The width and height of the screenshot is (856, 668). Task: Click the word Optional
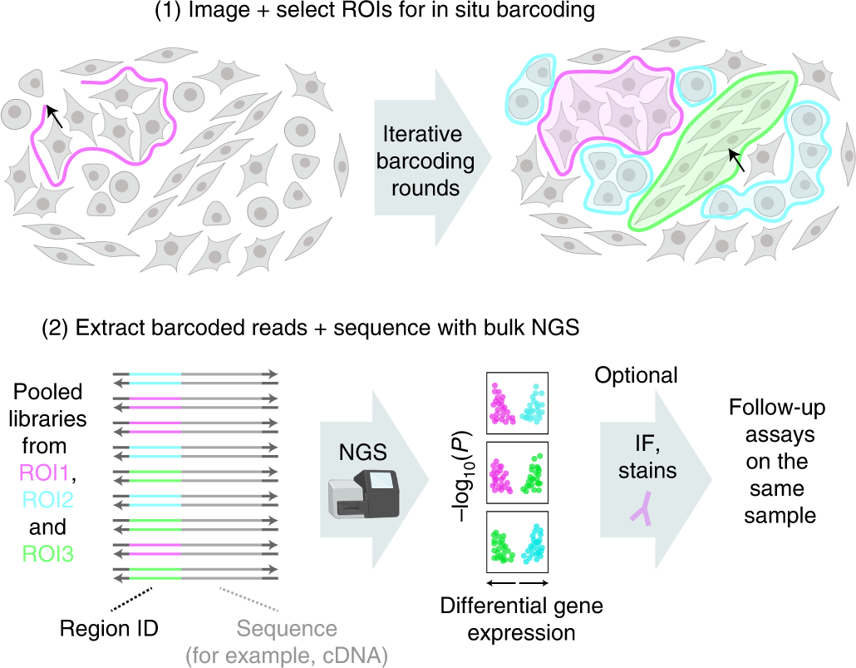637,375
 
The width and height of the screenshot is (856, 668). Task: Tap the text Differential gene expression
521,618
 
